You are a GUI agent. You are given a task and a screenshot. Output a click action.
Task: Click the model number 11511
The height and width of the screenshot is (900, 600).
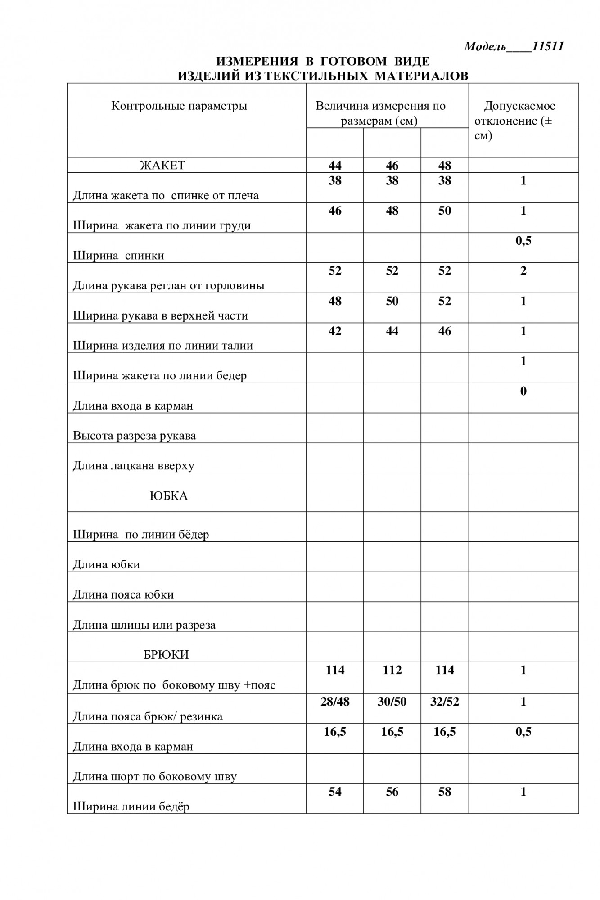(x=547, y=47)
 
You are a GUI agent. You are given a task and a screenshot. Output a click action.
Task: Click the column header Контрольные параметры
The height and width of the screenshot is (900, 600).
(x=179, y=106)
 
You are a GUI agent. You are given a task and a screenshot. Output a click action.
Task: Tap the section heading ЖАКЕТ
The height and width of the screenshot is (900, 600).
(x=162, y=165)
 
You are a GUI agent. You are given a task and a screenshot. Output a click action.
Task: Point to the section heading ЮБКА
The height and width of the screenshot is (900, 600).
(x=168, y=496)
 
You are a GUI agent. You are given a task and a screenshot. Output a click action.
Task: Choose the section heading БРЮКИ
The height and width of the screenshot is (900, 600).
(x=166, y=654)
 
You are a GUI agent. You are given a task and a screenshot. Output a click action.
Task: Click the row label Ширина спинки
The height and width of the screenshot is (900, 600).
(x=118, y=256)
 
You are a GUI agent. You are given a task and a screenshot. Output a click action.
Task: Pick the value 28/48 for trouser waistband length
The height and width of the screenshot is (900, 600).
(x=335, y=702)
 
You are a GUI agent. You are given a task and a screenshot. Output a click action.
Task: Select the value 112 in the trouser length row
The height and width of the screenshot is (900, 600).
(x=392, y=670)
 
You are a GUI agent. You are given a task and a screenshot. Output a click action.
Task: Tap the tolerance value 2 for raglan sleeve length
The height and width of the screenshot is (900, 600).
(x=523, y=271)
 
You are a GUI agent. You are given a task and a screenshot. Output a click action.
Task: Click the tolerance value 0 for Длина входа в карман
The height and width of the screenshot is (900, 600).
(x=523, y=391)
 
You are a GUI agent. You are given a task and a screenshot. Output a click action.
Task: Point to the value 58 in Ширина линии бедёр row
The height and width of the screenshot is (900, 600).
(x=444, y=792)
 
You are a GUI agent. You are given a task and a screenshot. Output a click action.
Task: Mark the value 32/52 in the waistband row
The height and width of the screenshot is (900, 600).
(x=444, y=702)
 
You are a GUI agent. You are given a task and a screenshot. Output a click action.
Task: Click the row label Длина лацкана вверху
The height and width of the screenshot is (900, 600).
(x=133, y=466)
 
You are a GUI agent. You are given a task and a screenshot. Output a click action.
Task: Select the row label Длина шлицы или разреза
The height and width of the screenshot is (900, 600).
(x=144, y=625)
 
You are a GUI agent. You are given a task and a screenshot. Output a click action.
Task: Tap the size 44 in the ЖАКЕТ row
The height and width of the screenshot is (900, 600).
(x=335, y=166)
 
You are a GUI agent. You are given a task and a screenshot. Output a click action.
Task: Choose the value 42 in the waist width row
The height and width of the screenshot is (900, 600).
(x=335, y=331)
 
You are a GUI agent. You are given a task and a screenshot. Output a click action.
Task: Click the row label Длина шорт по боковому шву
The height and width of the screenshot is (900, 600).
(x=154, y=776)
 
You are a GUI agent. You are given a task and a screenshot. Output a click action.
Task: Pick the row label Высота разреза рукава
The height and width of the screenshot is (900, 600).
(x=134, y=436)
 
